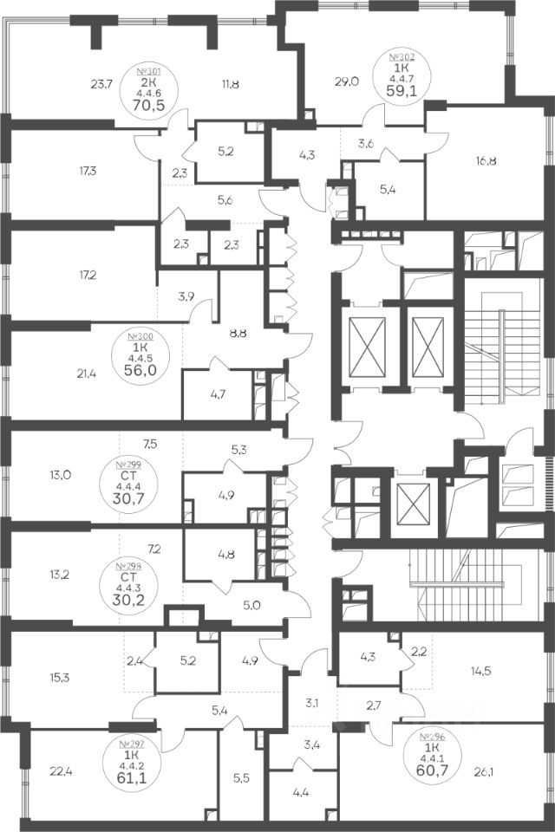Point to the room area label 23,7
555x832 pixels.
click(102, 84)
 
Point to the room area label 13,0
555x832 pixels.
click(60, 474)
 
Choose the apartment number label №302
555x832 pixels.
click(407, 55)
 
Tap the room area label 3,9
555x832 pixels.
click(186, 296)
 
